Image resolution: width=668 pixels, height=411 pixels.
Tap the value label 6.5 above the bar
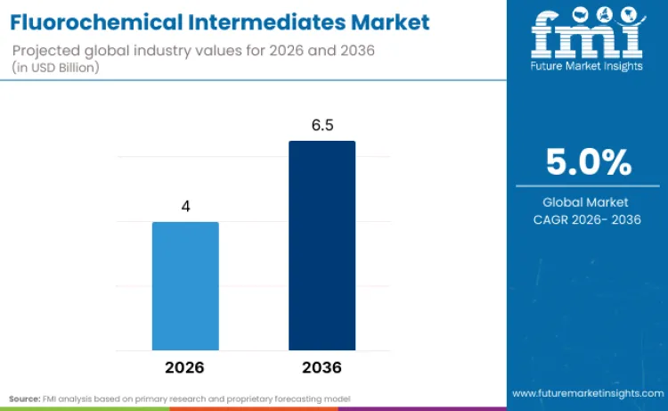pyautogui.click(x=322, y=126)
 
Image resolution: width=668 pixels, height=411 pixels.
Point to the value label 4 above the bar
pyautogui.click(x=185, y=206)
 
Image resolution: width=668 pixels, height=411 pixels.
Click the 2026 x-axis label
pyautogui.click(x=185, y=367)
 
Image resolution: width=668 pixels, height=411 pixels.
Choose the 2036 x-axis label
pyautogui.click(x=322, y=367)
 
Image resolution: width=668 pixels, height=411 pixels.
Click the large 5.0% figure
pyautogui.click(x=588, y=163)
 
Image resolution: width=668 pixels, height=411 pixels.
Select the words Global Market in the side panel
pyautogui.click(x=587, y=202)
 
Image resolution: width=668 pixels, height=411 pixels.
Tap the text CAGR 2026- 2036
pyautogui.click(x=587, y=219)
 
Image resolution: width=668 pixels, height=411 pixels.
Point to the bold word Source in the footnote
pyautogui.click(x=25, y=398)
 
